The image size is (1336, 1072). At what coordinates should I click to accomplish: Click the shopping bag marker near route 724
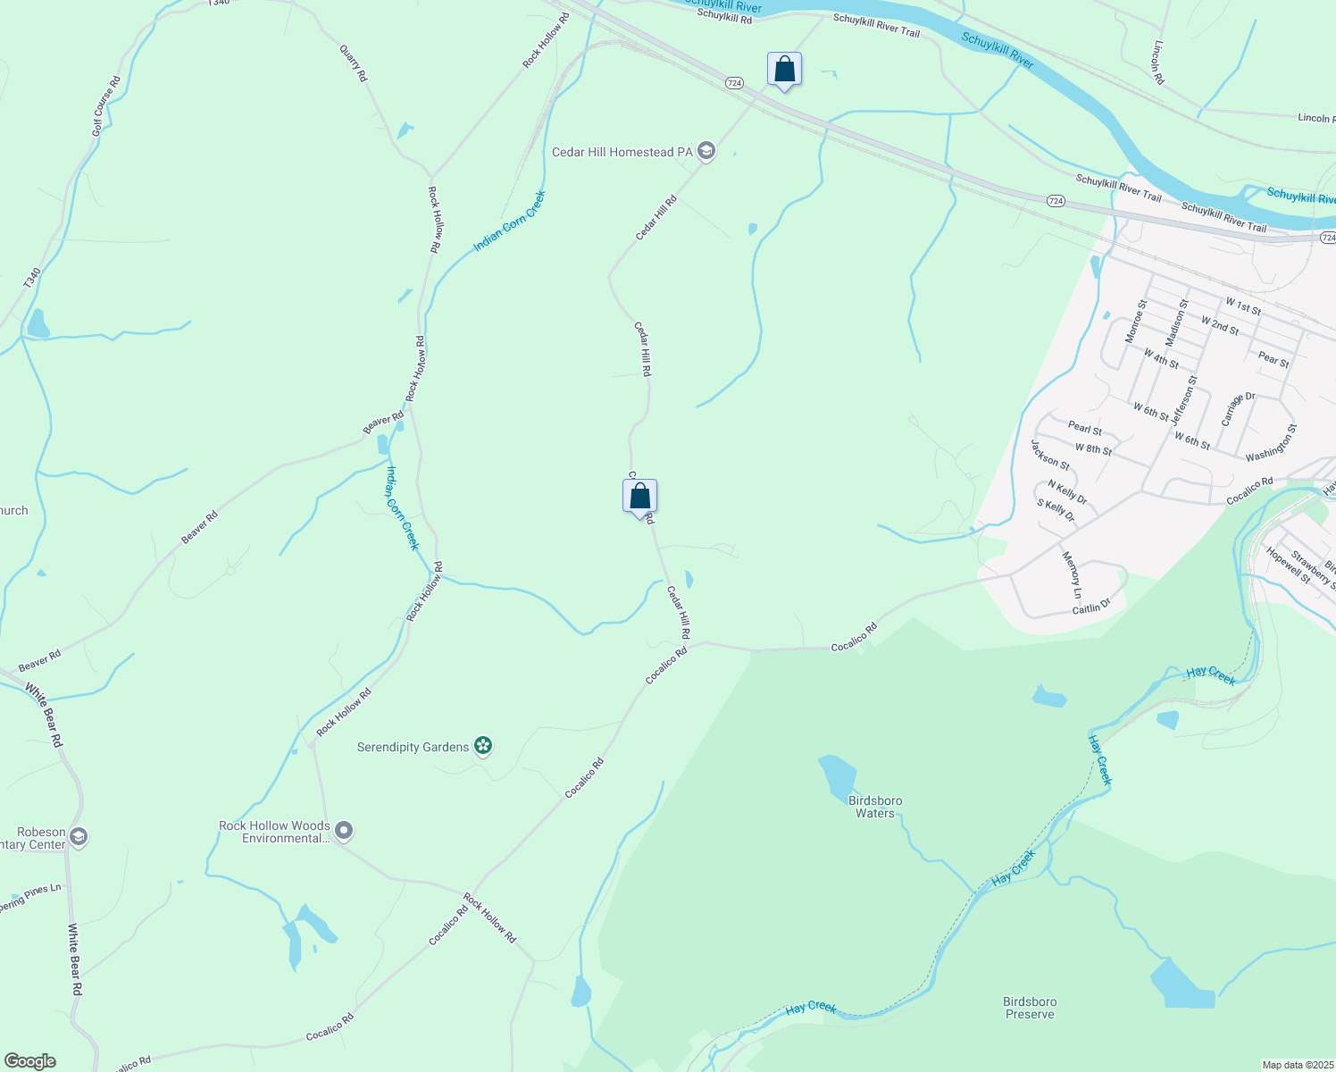(784, 70)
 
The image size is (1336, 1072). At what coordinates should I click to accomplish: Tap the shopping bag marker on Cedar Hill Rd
(639, 497)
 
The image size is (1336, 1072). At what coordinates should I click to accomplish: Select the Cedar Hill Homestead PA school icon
(706, 151)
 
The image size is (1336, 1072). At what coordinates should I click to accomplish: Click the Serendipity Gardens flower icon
(483, 746)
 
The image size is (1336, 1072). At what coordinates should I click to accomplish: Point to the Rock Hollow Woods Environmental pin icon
(344, 832)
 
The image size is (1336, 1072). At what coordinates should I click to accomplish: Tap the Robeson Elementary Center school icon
(79, 837)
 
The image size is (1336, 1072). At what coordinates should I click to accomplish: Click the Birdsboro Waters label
(875, 807)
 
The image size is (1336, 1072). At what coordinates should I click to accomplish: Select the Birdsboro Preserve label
(1030, 1008)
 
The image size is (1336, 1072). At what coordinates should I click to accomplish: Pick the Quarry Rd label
(354, 64)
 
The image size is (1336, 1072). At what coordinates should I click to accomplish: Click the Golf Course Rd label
(105, 106)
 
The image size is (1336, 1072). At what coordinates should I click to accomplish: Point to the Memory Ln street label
(1072, 574)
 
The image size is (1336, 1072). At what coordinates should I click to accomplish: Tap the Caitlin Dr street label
(1090, 607)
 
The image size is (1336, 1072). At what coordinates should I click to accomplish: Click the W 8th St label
(1093, 449)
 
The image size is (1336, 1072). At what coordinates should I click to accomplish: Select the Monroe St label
(1135, 322)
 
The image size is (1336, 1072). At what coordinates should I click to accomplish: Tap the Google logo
(29, 1061)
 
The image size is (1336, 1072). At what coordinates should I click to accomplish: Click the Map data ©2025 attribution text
(1297, 1065)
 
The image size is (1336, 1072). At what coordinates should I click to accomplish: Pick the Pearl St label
(1085, 429)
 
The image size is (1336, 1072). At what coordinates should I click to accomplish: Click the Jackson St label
(1050, 455)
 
